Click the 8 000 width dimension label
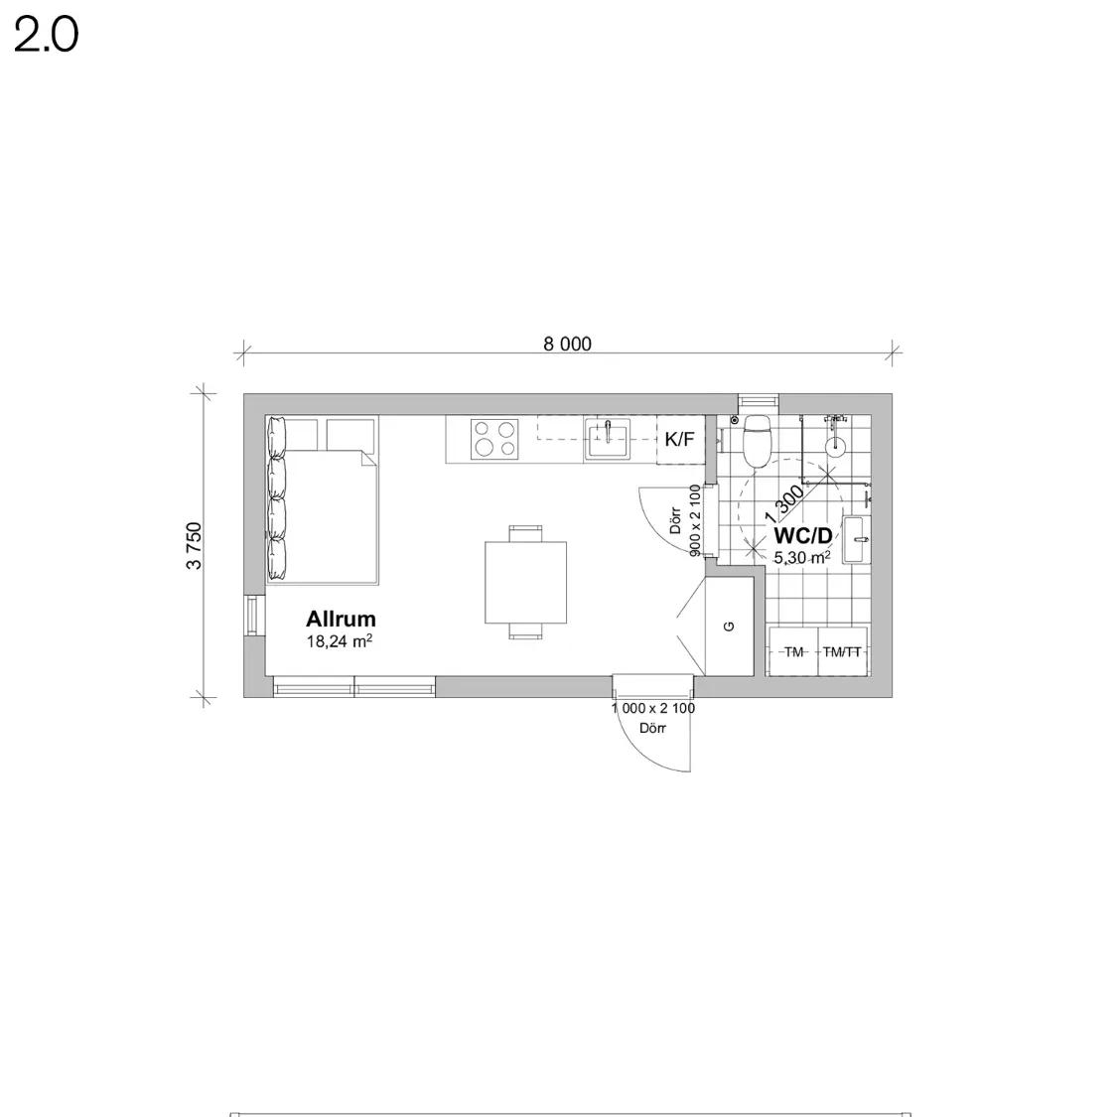(567, 345)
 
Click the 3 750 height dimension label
(194, 546)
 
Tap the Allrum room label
(342, 619)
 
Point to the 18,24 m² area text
(340, 641)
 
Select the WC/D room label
(803, 536)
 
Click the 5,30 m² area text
(802, 558)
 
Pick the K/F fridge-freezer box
(680, 440)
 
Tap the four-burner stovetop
(494, 438)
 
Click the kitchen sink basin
(608, 439)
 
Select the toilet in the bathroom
(757, 440)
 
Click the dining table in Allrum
(525, 582)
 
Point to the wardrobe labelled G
(729, 627)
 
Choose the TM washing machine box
(793, 651)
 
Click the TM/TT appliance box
(842, 651)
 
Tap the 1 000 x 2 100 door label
(653, 708)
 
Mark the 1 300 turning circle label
(784, 503)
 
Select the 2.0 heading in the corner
(46, 35)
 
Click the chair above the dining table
(525, 533)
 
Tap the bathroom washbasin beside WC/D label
(856, 539)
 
